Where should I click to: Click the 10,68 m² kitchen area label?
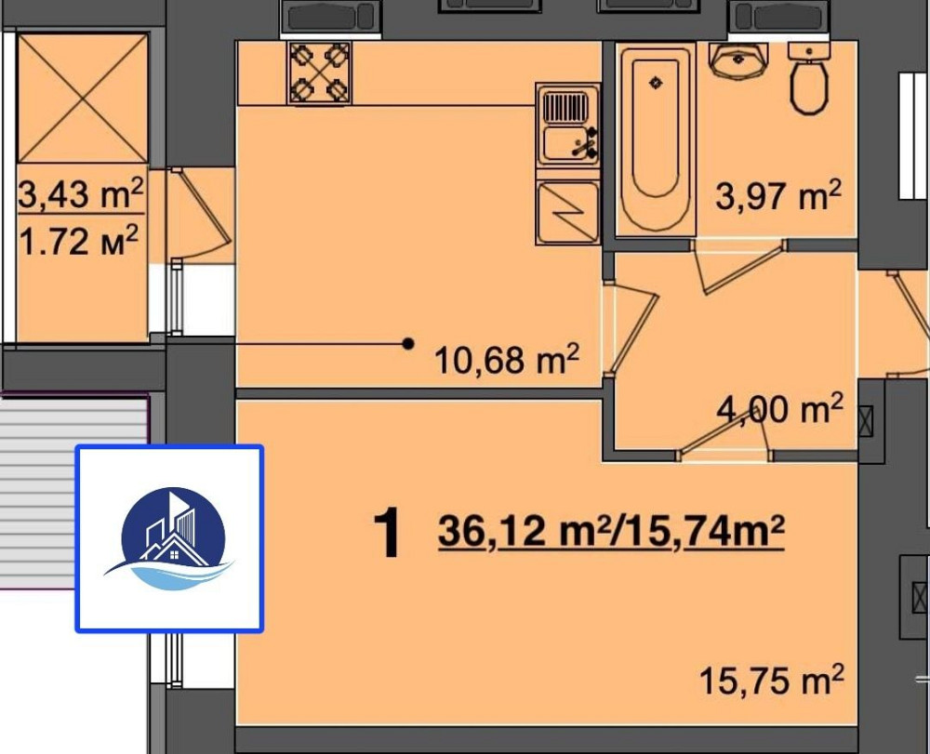[x=507, y=359]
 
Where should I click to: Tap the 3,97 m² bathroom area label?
[x=778, y=195]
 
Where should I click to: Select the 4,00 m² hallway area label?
[x=779, y=408]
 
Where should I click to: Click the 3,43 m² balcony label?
[x=81, y=193]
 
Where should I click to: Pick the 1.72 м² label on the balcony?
[x=79, y=240]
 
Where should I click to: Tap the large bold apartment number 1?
[x=387, y=534]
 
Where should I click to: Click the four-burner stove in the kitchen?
[x=319, y=73]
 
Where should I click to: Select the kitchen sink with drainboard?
[x=567, y=126]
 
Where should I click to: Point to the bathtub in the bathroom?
[x=656, y=139]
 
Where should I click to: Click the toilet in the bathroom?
[x=809, y=78]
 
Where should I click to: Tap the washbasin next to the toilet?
[x=738, y=60]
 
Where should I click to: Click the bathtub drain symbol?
[x=656, y=83]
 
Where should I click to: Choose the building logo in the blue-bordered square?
[x=170, y=539]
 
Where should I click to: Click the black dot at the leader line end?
[x=408, y=343]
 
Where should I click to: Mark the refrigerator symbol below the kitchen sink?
[x=567, y=212]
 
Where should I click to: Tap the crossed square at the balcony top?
[x=83, y=99]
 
